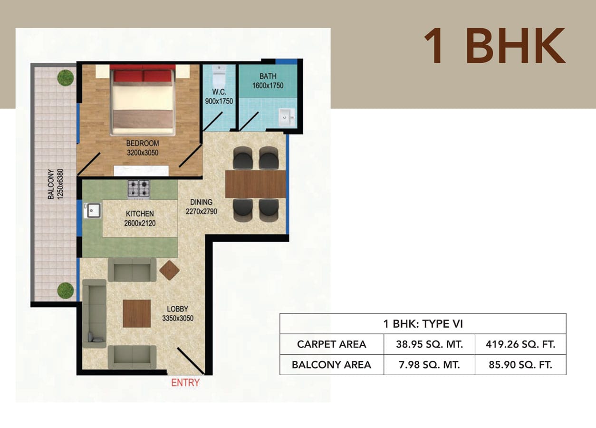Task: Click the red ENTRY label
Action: click(185, 383)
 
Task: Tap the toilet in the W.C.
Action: click(219, 75)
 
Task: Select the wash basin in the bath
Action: click(287, 117)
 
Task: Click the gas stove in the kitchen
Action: click(139, 189)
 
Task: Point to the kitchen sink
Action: click(92, 211)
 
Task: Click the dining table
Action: click(255, 184)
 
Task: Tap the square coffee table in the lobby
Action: click(137, 313)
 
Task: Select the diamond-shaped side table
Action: click(170, 270)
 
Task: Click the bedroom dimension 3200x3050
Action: click(143, 153)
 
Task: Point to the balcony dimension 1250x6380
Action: click(61, 184)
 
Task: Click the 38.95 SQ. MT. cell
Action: click(429, 344)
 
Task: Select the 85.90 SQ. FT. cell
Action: click(520, 365)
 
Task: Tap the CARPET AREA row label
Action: click(332, 344)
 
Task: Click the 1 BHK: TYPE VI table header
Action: click(423, 324)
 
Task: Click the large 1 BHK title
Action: click(495, 46)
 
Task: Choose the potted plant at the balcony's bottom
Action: click(66, 291)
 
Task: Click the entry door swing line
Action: click(191, 360)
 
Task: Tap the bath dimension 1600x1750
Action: click(268, 86)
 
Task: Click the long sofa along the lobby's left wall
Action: click(95, 313)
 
